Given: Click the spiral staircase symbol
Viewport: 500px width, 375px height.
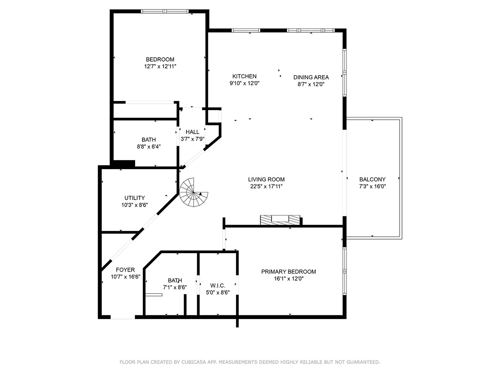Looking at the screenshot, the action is click(x=193, y=192).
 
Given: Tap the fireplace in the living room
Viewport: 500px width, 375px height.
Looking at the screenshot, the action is click(x=280, y=220).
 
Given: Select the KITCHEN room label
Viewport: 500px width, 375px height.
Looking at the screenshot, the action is click(x=244, y=76).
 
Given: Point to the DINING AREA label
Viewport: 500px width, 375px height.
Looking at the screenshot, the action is click(x=311, y=77).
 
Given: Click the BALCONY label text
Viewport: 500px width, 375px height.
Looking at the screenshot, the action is click(x=373, y=180).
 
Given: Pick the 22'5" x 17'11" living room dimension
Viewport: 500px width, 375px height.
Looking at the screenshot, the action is click(x=266, y=186).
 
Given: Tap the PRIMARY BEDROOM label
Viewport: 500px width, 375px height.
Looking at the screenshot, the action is click(x=289, y=272).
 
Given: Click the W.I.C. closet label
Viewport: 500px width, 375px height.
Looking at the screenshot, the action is click(x=218, y=285).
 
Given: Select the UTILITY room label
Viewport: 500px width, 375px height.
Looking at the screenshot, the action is click(x=135, y=198).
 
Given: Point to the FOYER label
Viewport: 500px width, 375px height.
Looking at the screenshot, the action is click(x=125, y=270).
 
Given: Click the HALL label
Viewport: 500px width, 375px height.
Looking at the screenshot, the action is click(x=192, y=132).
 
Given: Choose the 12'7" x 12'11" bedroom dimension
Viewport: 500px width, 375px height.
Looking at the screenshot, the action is click(x=160, y=66).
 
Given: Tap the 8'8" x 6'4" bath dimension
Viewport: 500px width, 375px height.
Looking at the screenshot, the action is click(x=149, y=147).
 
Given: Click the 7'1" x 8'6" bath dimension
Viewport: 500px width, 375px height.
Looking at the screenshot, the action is click(x=175, y=287).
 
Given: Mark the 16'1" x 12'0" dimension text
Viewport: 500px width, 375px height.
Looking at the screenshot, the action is click(x=289, y=279).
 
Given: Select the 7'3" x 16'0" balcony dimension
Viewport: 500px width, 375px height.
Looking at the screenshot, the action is click(x=373, y=186).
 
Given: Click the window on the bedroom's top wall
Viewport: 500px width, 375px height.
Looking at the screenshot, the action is click(x=165, y=11).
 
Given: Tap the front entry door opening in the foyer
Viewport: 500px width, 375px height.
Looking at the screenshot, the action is click(x=123, y=317).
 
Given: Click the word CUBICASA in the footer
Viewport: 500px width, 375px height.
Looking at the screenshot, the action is click(x=192, y=362).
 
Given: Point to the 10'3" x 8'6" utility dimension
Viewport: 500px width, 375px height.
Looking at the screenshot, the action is click(x=135, y=205).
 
